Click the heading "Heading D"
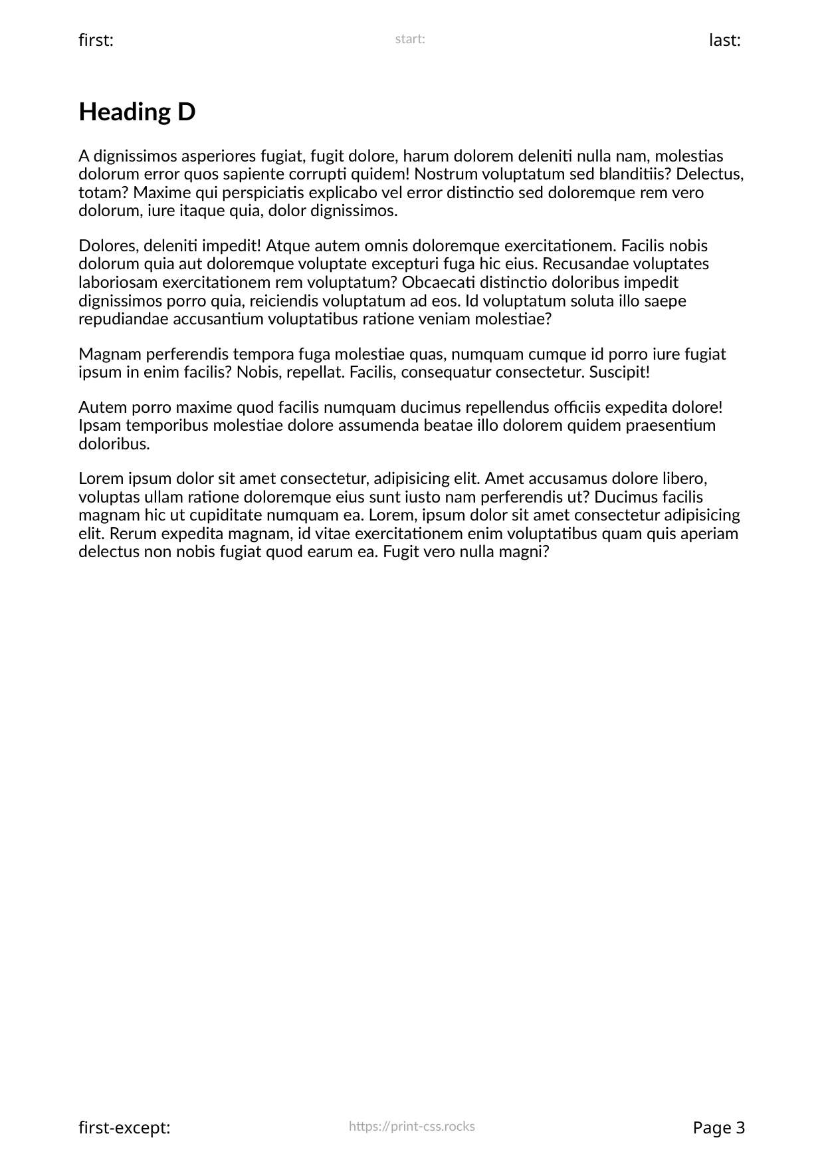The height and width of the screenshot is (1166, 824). pos(137,112)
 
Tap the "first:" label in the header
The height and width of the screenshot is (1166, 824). pos(96,41)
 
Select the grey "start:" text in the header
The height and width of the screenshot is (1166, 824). pos(410,39)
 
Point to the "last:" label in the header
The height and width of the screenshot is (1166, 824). pos(725,41)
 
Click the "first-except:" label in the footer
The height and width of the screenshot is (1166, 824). pos(124,1128)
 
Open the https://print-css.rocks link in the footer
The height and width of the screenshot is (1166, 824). pos(411,1126)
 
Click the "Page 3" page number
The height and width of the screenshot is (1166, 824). pos(718,1128)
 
